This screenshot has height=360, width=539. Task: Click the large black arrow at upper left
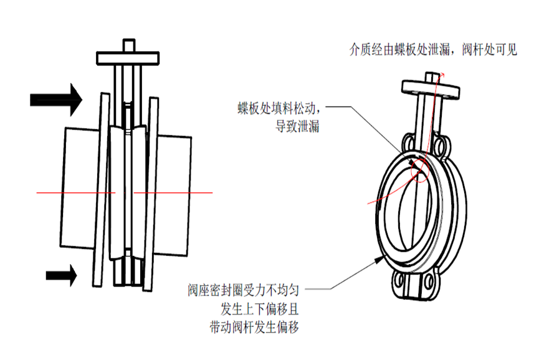(56, 98)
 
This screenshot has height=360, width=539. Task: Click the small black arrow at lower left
(62, 273)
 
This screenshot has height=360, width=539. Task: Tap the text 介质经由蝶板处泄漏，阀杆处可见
(433, 50)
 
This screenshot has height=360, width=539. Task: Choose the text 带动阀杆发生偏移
(256, 326)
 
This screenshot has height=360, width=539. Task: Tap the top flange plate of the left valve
(129, 57)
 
